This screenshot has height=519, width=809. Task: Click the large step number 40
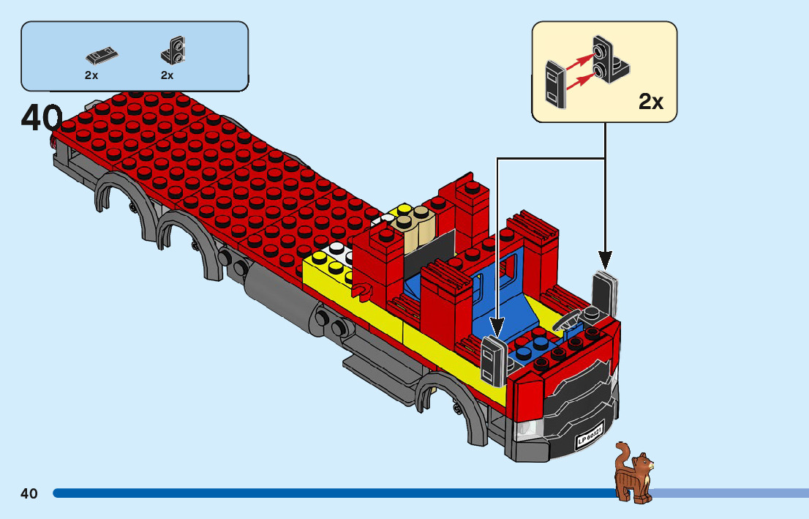pos(41,119)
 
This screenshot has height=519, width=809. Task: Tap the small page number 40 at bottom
pos(29,493)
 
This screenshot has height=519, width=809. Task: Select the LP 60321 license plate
pos(590,437)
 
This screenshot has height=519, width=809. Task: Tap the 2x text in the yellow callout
pos(650,102)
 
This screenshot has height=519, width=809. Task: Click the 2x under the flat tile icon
pos(91,75)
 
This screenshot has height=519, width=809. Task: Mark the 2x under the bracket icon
pos(168,75)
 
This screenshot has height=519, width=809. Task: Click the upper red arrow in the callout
pos(582,57)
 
